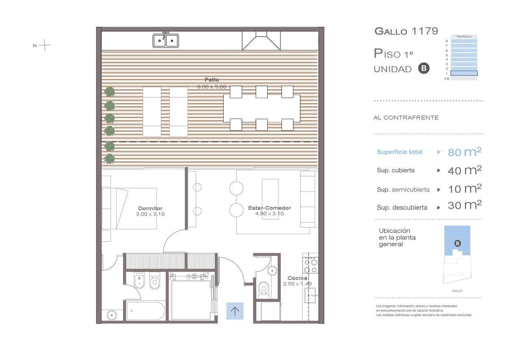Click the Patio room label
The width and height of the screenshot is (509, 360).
click(x=212, y=79)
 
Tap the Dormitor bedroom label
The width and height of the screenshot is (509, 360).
click(x=150, y=208)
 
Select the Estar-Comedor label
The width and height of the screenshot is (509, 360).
click(x=269, y=208)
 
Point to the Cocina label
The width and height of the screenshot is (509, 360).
click(x=297, y=278)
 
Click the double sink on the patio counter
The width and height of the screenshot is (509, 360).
click(x=166, y=40)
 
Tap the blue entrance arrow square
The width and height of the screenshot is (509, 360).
click(x=235, y=311)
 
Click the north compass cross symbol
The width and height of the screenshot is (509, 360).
click(x=45, y=45)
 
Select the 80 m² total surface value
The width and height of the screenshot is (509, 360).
click(x=464, y=152)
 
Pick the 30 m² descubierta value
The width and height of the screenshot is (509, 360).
click(x=464, y=205)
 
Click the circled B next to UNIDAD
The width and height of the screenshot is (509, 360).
click(x=424, y=68)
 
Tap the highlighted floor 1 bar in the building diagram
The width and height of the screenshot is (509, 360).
click(x=464, y=73)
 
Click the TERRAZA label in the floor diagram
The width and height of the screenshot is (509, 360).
click(x=464, y=37)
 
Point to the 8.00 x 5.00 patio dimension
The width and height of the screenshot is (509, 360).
click(x=212, y=87)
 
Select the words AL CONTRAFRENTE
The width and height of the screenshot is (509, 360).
click(x=406, y=118)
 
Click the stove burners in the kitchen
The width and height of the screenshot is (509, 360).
click(x=310, y=266)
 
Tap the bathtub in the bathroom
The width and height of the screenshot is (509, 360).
click(x=145, y=311)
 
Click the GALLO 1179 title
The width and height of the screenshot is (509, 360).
click(x=406, y=31)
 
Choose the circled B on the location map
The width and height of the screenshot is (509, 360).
click(x=457, y=243)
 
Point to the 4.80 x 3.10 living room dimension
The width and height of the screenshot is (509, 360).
click(x=269, y=213)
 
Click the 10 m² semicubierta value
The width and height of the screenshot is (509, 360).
click(x=464, y=188)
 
